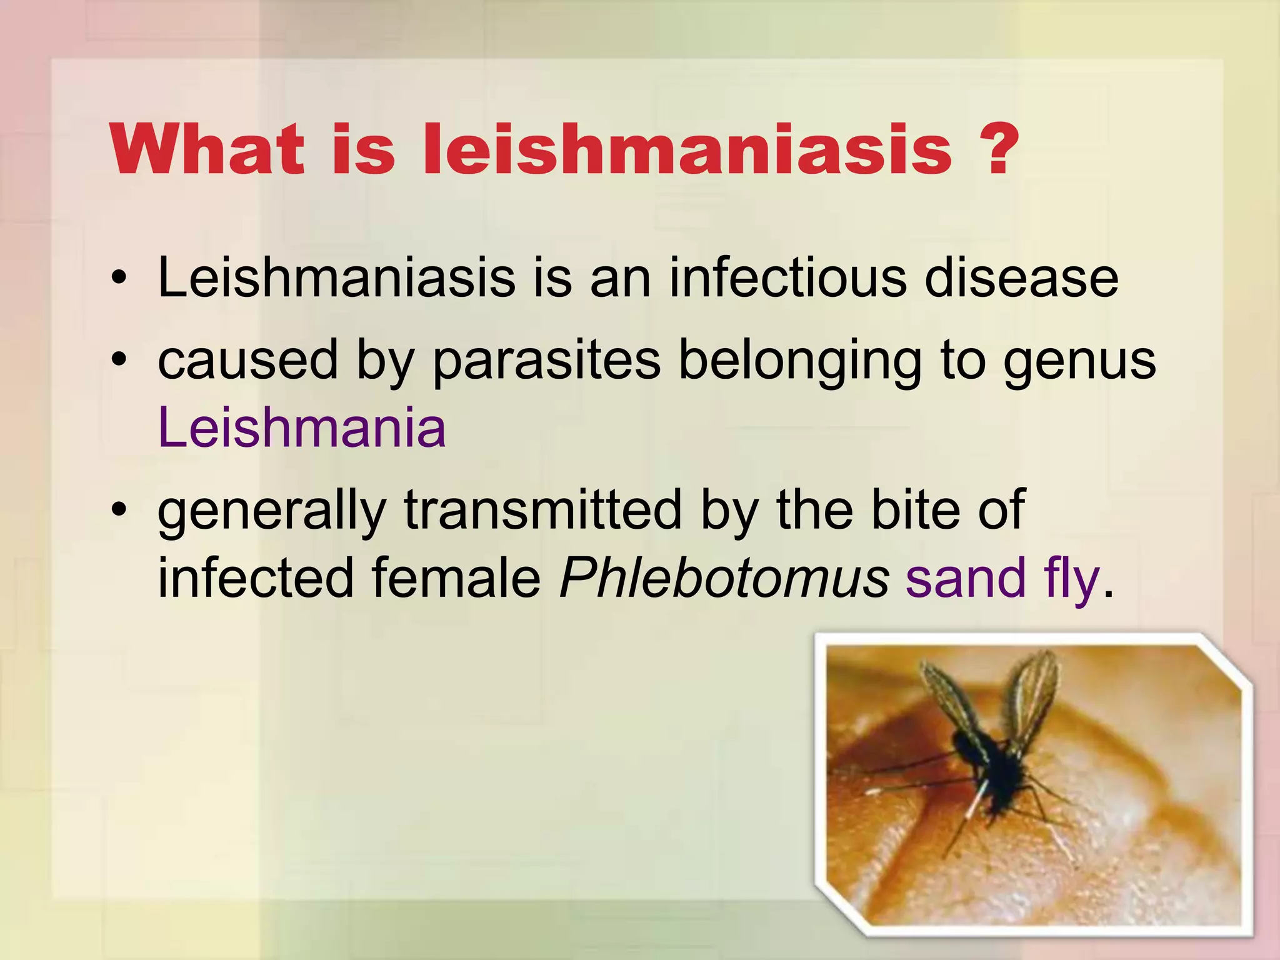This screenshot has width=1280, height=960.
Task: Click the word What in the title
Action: pyautogui.click(x=207, y=150)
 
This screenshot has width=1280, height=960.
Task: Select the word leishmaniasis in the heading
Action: pyautogui.click(x=687, y=150)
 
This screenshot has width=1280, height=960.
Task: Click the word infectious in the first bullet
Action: pyautogui.click(x=787, y=278)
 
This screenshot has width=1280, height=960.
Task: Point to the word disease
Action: pyautogui.click(x=1021, y=278)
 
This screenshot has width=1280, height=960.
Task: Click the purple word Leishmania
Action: pyautogui.click(x=302, y=428)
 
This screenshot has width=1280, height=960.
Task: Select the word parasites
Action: pyautogui.click(x=546, y=361)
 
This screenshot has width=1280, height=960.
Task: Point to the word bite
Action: pyautogui.click(x=916, y=510)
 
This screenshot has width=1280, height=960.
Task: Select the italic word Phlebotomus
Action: pyautogui.click(x=724, y=578)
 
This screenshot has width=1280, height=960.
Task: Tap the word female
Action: pyautogui.click(x=456, y=578)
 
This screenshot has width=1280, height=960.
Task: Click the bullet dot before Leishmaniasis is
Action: pyautogui.click(x=119, y=279)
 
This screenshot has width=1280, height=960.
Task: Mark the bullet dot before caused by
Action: pyautogui.click(x=119, y=361)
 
